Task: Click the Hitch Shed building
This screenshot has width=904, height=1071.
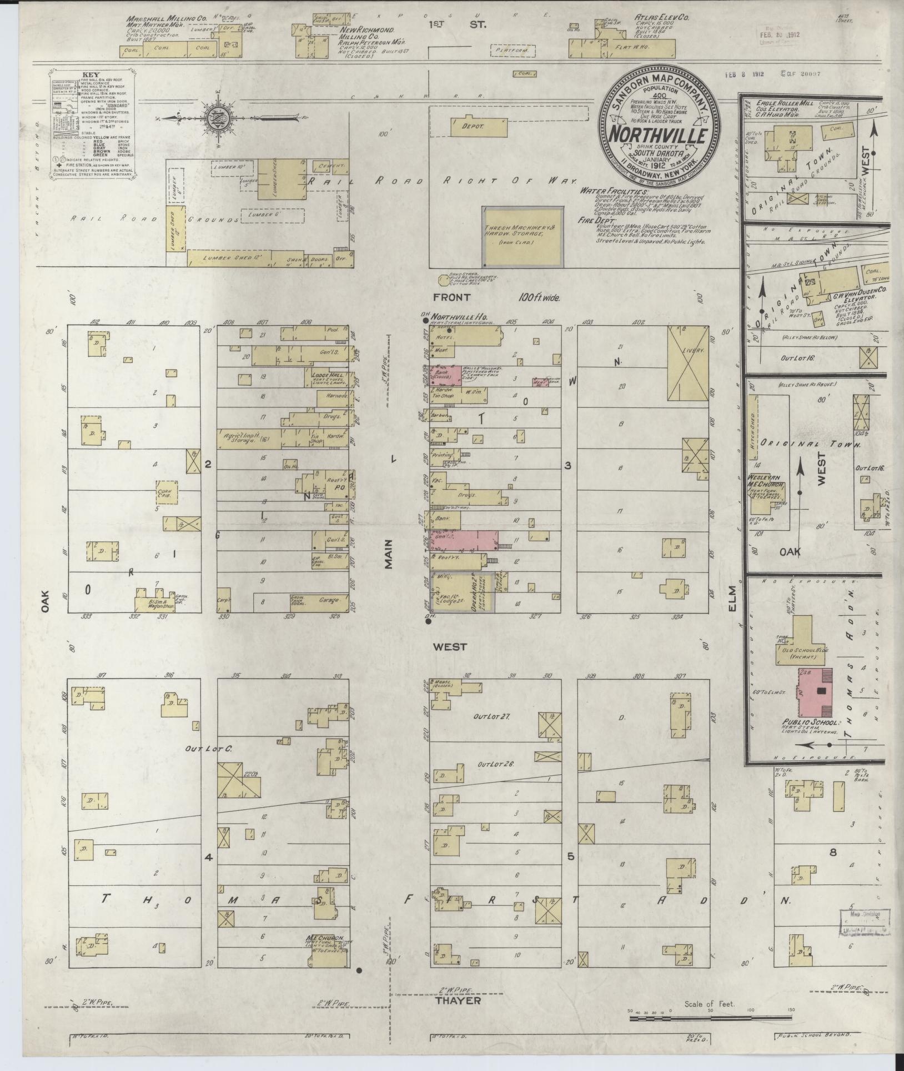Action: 753,427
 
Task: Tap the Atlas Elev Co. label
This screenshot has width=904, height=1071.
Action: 661,18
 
